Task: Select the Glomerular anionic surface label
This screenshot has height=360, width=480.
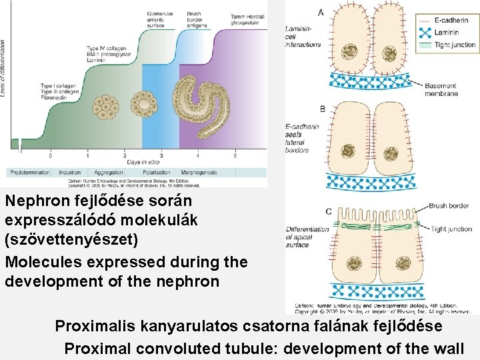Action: tap(160, 19)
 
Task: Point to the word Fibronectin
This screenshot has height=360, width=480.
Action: tap(56, 97)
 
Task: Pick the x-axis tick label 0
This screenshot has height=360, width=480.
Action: tap(50, 155)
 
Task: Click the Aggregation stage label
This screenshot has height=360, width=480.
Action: tap(106, 172)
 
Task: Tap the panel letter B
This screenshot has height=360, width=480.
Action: tap(322, 109)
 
